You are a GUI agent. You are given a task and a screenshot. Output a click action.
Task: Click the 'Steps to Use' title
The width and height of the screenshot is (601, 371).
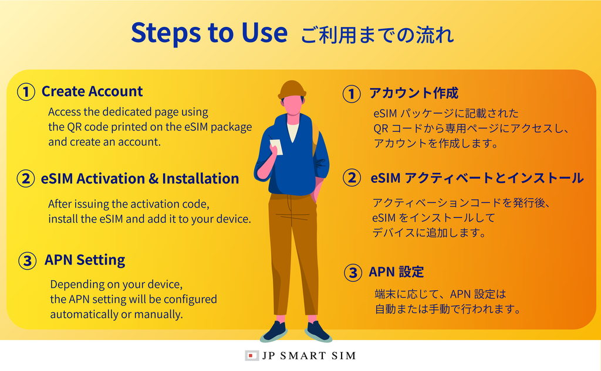[x=209, y=33]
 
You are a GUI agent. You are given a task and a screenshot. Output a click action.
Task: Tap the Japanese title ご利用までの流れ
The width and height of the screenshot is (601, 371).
[x=377, y=35]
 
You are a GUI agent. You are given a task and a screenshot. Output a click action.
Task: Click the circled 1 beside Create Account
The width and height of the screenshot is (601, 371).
[x=26, y=92]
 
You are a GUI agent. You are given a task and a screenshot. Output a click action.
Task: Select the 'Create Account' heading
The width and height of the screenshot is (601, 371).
[x=92, y=91]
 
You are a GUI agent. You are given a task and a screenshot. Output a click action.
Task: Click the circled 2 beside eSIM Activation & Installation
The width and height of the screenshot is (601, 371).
[x=26, y=179]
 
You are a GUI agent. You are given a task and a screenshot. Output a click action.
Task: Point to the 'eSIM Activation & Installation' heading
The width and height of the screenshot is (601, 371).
[x=140, y=179]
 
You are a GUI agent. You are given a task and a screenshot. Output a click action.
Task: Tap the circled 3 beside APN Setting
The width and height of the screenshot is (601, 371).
[x=28, y=261]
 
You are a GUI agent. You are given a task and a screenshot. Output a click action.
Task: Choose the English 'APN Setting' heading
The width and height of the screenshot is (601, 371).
[x=85, y=260]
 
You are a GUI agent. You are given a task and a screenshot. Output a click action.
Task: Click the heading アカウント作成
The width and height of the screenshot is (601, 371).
[x=414, y=93]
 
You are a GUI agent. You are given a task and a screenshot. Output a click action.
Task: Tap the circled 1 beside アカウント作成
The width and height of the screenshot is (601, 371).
[x=352, y=94]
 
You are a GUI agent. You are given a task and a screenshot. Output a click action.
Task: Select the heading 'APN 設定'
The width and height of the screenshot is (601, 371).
[x=396, y=272]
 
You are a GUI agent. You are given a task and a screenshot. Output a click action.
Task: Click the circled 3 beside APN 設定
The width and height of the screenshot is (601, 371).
[x=353, y=273]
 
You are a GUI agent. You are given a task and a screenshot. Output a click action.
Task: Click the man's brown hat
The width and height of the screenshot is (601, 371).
[x=292, y=90]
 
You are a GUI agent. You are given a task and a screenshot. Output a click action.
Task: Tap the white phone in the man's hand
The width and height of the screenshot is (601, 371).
[x=276, y=147]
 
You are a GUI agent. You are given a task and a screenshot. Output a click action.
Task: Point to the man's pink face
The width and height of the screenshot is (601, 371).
[x=292, y=104]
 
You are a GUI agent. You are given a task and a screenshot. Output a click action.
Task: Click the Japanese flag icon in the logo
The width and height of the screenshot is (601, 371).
[x=251, y=356]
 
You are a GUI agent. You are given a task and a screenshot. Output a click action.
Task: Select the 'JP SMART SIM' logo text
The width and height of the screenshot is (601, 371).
[x=309, y=356]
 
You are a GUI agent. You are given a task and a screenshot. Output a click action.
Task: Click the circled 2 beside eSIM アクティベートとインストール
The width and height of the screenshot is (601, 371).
[x=352, y=178]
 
